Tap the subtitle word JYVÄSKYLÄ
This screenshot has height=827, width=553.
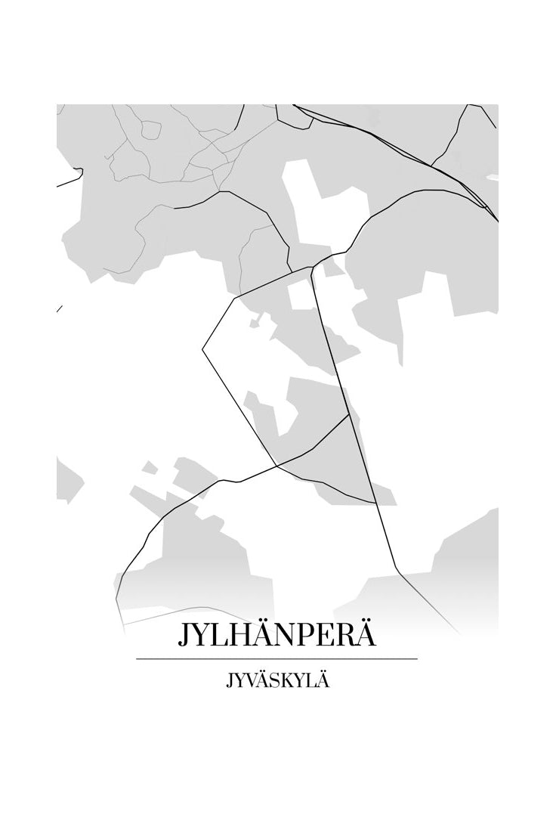pyautogui.click(x=277, y=681)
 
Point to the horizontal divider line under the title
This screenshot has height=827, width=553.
pyautogui.click(x=276, y=659)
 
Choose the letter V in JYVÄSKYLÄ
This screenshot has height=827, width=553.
pyautogui.click(x=250, y=681)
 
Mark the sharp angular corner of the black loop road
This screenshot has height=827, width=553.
pyautogui.click(x=202, y=349)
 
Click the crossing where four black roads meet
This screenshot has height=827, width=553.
pyautogui.click(x=278, y=465)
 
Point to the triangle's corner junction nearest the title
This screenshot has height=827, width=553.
pyautogui.click(x=376, y=503)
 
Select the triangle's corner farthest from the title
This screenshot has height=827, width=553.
pyautogui.click(x=348, y=414)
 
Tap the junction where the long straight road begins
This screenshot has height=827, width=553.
pyautogui.click(x=313, y=267)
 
